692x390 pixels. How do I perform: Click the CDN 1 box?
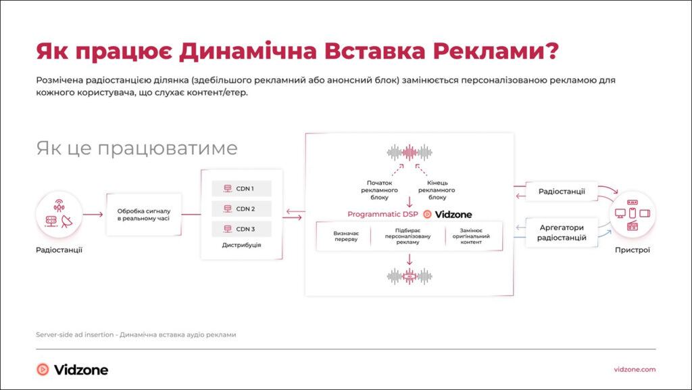click(241, 188)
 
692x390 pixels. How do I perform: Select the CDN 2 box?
click(241, 209)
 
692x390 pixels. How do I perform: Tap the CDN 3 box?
click(241, 229)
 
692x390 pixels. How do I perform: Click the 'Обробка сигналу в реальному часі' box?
click(143, 214)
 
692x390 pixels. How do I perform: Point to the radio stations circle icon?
click(59, 214)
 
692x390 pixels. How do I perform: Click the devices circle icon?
click(633, 214)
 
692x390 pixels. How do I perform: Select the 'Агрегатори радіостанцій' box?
click(562, 232)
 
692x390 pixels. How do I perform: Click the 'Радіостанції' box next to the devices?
click(562, 192)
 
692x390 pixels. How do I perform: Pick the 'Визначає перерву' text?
click(346, 236)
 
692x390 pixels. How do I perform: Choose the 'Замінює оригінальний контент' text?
click(472, 236)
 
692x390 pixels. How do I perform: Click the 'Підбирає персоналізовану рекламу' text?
click(408, 236)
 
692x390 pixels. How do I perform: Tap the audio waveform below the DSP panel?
click(410, 276)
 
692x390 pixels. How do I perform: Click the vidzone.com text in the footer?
click(635, 369)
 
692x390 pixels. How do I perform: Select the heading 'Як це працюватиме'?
click(137, 148)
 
